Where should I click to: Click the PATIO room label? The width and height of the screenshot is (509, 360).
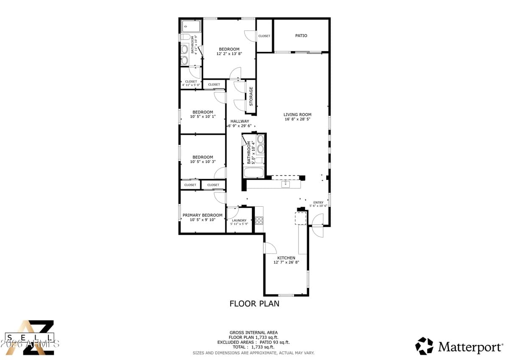301,36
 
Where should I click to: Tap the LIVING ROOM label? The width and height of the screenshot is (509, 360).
297,115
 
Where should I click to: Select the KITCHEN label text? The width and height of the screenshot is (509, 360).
286,258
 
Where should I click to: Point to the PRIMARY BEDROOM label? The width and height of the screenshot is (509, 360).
202,215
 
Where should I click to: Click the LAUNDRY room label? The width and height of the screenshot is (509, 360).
239,220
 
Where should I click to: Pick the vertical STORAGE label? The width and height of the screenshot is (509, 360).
251,96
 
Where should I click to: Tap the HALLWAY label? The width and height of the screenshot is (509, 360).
240,121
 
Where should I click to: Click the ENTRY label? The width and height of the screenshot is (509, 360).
318,202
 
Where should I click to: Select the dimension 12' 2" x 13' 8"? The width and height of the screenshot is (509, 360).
229,54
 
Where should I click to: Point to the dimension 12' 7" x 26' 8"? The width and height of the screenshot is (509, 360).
286,263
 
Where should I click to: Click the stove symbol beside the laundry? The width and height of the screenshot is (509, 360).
259,220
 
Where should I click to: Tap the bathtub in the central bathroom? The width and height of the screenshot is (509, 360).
254,173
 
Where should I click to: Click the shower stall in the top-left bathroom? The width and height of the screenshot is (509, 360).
191,26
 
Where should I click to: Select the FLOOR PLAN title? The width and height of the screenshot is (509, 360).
255,304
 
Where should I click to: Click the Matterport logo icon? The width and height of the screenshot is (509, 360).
424,346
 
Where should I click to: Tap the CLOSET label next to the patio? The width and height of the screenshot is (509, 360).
264,36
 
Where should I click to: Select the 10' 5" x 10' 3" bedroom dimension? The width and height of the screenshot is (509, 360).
202,162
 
